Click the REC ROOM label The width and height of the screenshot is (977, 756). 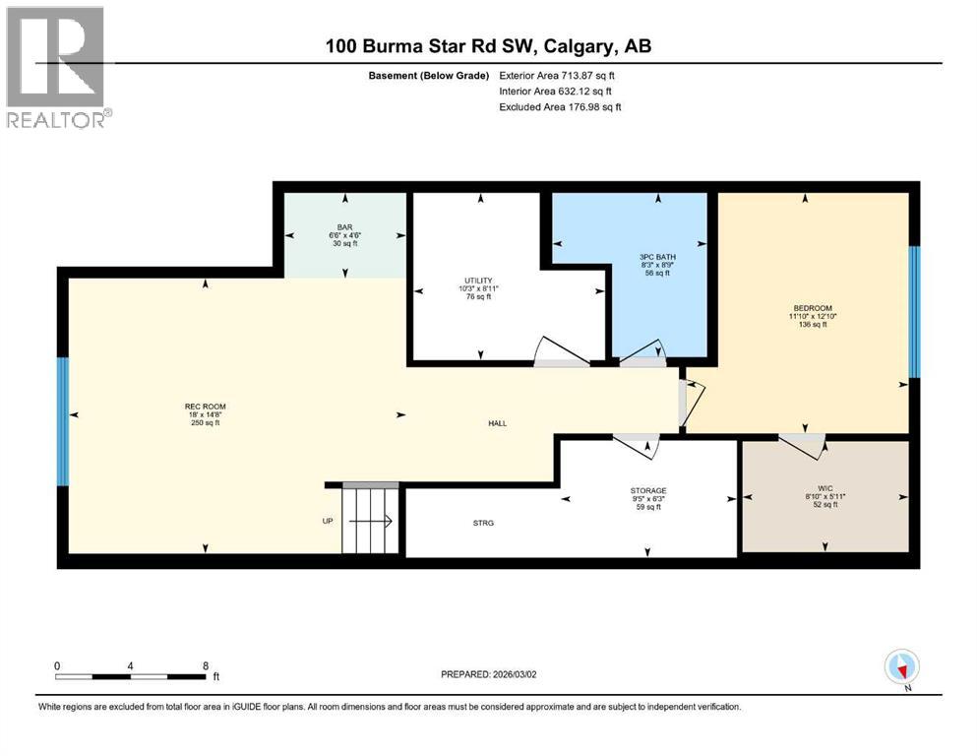(x=198, y=406)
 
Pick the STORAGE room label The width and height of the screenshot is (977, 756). (x=648, y=490)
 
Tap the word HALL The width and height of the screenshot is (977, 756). (x=498, y=423)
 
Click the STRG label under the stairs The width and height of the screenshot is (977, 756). (x=482, y=523)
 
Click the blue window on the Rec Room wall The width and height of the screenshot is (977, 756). (x=63, y=421)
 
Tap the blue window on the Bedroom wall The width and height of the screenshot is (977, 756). (x=913, y=311)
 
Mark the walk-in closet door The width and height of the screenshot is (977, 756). (x=803, y=444)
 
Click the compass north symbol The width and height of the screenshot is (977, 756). (x=902, y=669)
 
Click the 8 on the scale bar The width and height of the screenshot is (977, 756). (x=204, y=665)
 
